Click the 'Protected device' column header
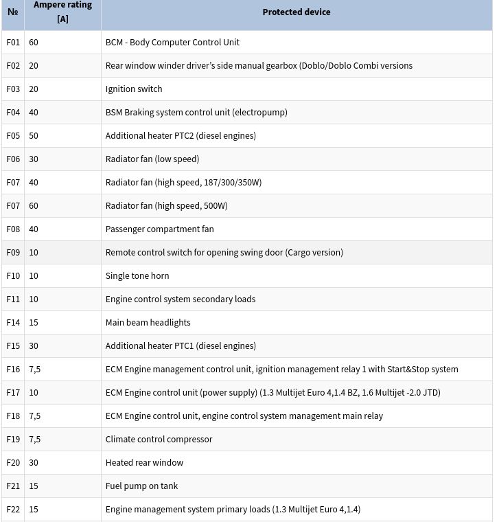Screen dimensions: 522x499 296,12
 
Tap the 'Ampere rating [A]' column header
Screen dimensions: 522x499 62,12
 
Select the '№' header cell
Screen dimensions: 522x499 13,12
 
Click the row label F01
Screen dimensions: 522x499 13,43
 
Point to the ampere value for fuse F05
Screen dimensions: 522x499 34,136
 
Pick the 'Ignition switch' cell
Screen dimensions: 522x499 134,89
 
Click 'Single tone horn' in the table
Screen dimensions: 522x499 137,276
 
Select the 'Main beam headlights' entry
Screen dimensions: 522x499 148,323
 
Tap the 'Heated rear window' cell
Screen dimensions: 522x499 144,463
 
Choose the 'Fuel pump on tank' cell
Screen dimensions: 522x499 141,486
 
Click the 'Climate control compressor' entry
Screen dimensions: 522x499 159,440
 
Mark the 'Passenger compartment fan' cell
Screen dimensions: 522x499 159,229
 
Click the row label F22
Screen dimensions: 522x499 13,510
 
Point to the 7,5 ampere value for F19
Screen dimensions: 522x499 34,440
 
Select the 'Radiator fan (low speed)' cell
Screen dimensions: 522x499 152,159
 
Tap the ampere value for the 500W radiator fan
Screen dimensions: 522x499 34,206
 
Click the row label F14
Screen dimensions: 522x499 13,323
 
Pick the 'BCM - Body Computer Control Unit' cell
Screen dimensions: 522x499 172,43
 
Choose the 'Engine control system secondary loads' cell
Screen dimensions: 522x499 181,299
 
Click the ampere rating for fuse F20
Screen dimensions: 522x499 34,463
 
